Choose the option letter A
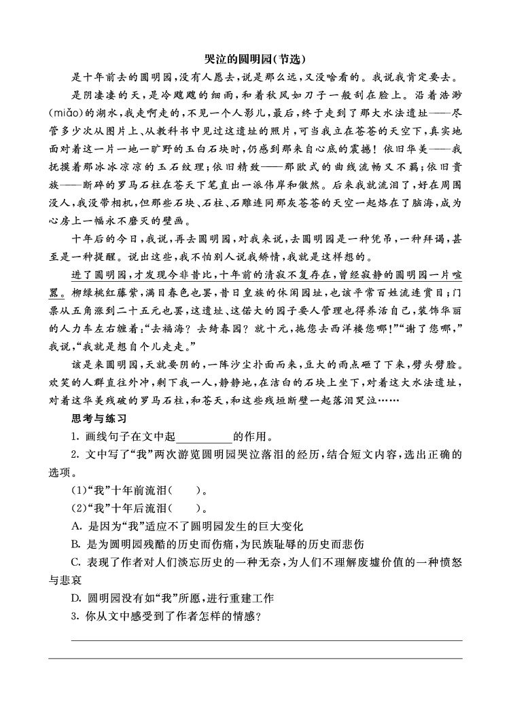[76, 526]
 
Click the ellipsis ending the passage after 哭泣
[388, 400]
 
